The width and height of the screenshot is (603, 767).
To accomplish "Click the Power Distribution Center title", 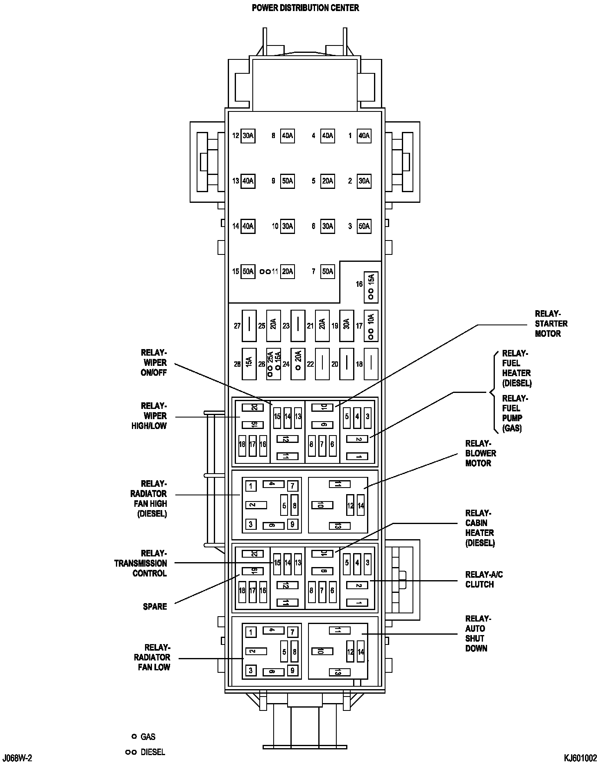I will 305,8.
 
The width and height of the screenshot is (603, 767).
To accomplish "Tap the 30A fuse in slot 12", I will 248,136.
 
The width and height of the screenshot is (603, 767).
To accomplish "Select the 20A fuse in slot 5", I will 328,181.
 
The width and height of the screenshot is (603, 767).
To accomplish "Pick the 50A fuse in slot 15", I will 248,271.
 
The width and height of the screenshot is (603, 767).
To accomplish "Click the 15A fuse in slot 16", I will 371,287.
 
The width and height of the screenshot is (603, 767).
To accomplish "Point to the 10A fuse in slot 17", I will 371,326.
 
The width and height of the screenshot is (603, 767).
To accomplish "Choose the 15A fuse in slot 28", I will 249,364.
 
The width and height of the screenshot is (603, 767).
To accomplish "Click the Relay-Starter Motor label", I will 551,324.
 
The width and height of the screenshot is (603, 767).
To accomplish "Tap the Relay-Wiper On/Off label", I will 154,363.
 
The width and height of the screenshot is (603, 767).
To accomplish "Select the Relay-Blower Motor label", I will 481,453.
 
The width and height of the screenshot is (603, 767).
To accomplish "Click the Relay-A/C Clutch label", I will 484,579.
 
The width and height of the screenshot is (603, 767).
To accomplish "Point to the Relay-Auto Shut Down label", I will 478,633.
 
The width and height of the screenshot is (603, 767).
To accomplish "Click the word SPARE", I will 155,606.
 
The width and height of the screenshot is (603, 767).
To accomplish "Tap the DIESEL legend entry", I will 152,752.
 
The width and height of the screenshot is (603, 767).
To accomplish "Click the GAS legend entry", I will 148,737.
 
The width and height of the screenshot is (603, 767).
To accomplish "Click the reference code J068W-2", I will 17,758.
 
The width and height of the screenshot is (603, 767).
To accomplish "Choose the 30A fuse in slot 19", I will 347,326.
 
